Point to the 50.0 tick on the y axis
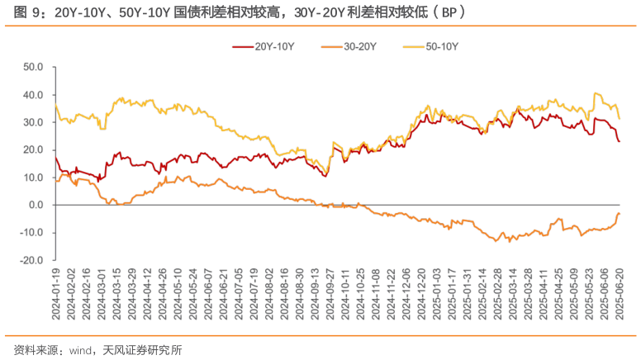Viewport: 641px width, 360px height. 33,67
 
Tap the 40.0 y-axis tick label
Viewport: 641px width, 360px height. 33,95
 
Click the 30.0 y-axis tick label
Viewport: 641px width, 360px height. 33,122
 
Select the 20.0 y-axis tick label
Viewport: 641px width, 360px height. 33,149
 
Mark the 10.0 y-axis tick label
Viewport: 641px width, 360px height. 33,178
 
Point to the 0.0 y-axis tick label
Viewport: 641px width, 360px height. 36,205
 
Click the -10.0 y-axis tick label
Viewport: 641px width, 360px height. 32,233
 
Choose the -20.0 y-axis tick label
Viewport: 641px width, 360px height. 32,260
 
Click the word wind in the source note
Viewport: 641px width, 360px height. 79,350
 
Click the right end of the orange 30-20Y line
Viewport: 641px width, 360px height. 620,213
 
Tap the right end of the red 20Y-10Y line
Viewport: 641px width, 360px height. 620,142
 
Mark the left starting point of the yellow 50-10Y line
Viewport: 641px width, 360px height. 55,104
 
